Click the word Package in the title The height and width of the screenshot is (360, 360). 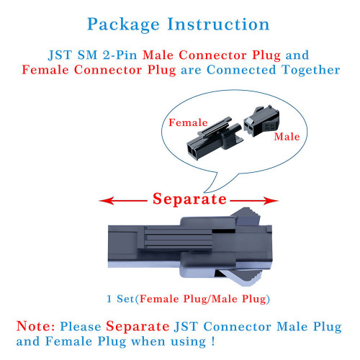[x=123, y=24]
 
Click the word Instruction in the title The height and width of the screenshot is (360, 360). [x=218, y=24]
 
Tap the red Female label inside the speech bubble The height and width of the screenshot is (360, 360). [x=188, y=122]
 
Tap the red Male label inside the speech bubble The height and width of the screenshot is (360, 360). [x=287, y=137]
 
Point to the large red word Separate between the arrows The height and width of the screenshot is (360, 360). [x=189, y=199]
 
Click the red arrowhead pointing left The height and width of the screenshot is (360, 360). [x=107, y=201]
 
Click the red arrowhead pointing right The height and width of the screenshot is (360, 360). [x=271, y=201]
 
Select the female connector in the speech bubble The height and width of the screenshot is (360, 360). [x=214, y=138]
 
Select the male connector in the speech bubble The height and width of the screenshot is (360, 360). [x=261, y=121]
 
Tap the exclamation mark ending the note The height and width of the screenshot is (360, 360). [x=213, y=341]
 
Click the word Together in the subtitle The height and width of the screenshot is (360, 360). [x=311, y=71]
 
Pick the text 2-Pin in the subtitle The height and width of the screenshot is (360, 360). [x=120, y=55]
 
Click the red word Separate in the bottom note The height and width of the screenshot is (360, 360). [x=138, y=327]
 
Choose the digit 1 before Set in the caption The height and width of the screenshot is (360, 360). [x=109, y=299]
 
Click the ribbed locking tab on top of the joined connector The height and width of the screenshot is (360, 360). [x=247, y=217]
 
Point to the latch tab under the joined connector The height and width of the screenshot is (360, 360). [x=240, y=278]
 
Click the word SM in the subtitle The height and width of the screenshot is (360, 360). [x=87, y=55]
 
